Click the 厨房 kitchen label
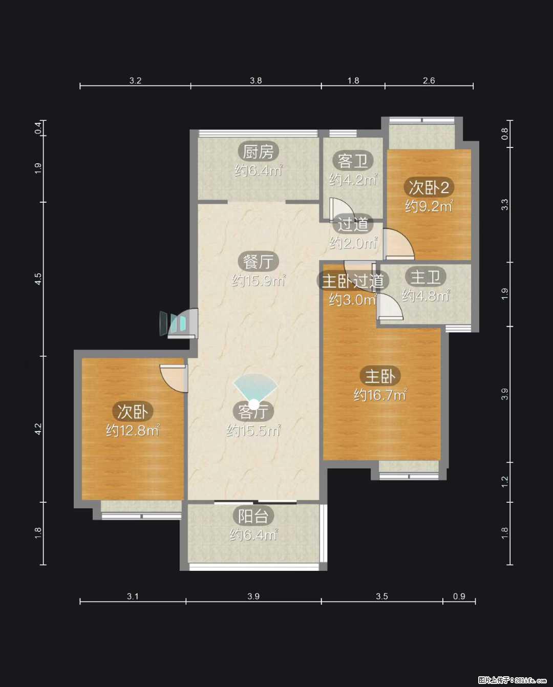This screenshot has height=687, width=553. [258, 152]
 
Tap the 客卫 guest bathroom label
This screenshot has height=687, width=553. [353, 161]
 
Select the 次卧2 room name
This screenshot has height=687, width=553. [429, 187]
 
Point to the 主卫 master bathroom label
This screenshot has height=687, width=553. [426, 277]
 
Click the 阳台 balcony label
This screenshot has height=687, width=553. [253, 516]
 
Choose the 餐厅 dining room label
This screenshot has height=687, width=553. [258, 262]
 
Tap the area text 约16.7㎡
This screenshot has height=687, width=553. [380, 395]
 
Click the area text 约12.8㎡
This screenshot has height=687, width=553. [133, 431]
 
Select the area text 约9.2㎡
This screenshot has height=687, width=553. [429, 206]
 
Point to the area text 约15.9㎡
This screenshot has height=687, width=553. [258, 281]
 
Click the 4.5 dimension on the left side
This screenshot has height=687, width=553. [38, 279]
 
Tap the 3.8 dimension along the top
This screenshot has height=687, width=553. [256, 80]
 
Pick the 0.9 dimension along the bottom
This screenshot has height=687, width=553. [459, 596]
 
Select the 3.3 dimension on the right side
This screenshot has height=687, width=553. [504, 205]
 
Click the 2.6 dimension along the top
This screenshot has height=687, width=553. [429, 80]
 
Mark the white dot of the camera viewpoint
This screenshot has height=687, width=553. [254, 405]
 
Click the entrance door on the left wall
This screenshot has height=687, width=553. [179, 323]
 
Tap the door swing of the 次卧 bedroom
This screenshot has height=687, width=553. [174, 379]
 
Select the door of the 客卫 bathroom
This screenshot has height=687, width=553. [342, 209]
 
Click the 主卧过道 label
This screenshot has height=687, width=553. [353, 281]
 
